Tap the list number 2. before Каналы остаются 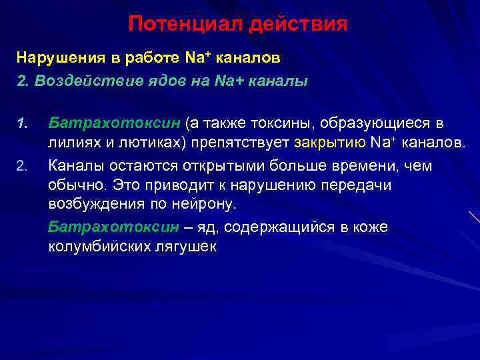(x=21, y=165)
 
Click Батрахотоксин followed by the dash (x=113, y=227)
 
